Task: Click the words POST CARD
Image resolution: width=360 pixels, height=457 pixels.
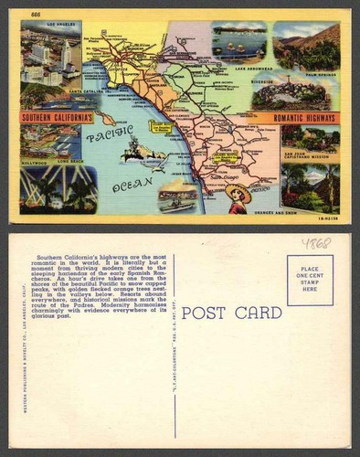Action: point(231,314)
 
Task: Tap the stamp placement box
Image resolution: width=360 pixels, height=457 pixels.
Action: point(310,280)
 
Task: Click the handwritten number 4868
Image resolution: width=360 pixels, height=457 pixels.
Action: point(316,243)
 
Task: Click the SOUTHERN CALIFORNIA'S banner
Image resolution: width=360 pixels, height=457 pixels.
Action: point(58,118)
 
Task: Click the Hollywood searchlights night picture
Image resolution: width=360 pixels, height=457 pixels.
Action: point(57,189)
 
